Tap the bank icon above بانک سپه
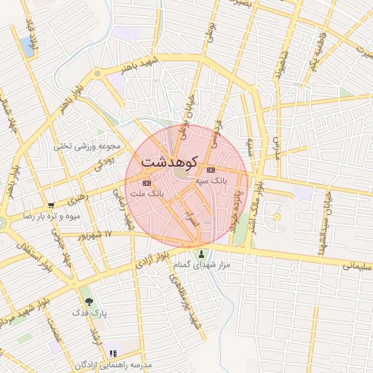211,170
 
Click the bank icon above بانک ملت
148,183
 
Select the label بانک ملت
147,195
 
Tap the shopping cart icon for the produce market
50,205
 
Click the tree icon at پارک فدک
89,300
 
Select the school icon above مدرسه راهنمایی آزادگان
113,353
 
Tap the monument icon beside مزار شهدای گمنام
201,254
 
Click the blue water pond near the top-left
28,47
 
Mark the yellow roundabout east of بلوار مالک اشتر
276,217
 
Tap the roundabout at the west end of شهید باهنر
97,74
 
